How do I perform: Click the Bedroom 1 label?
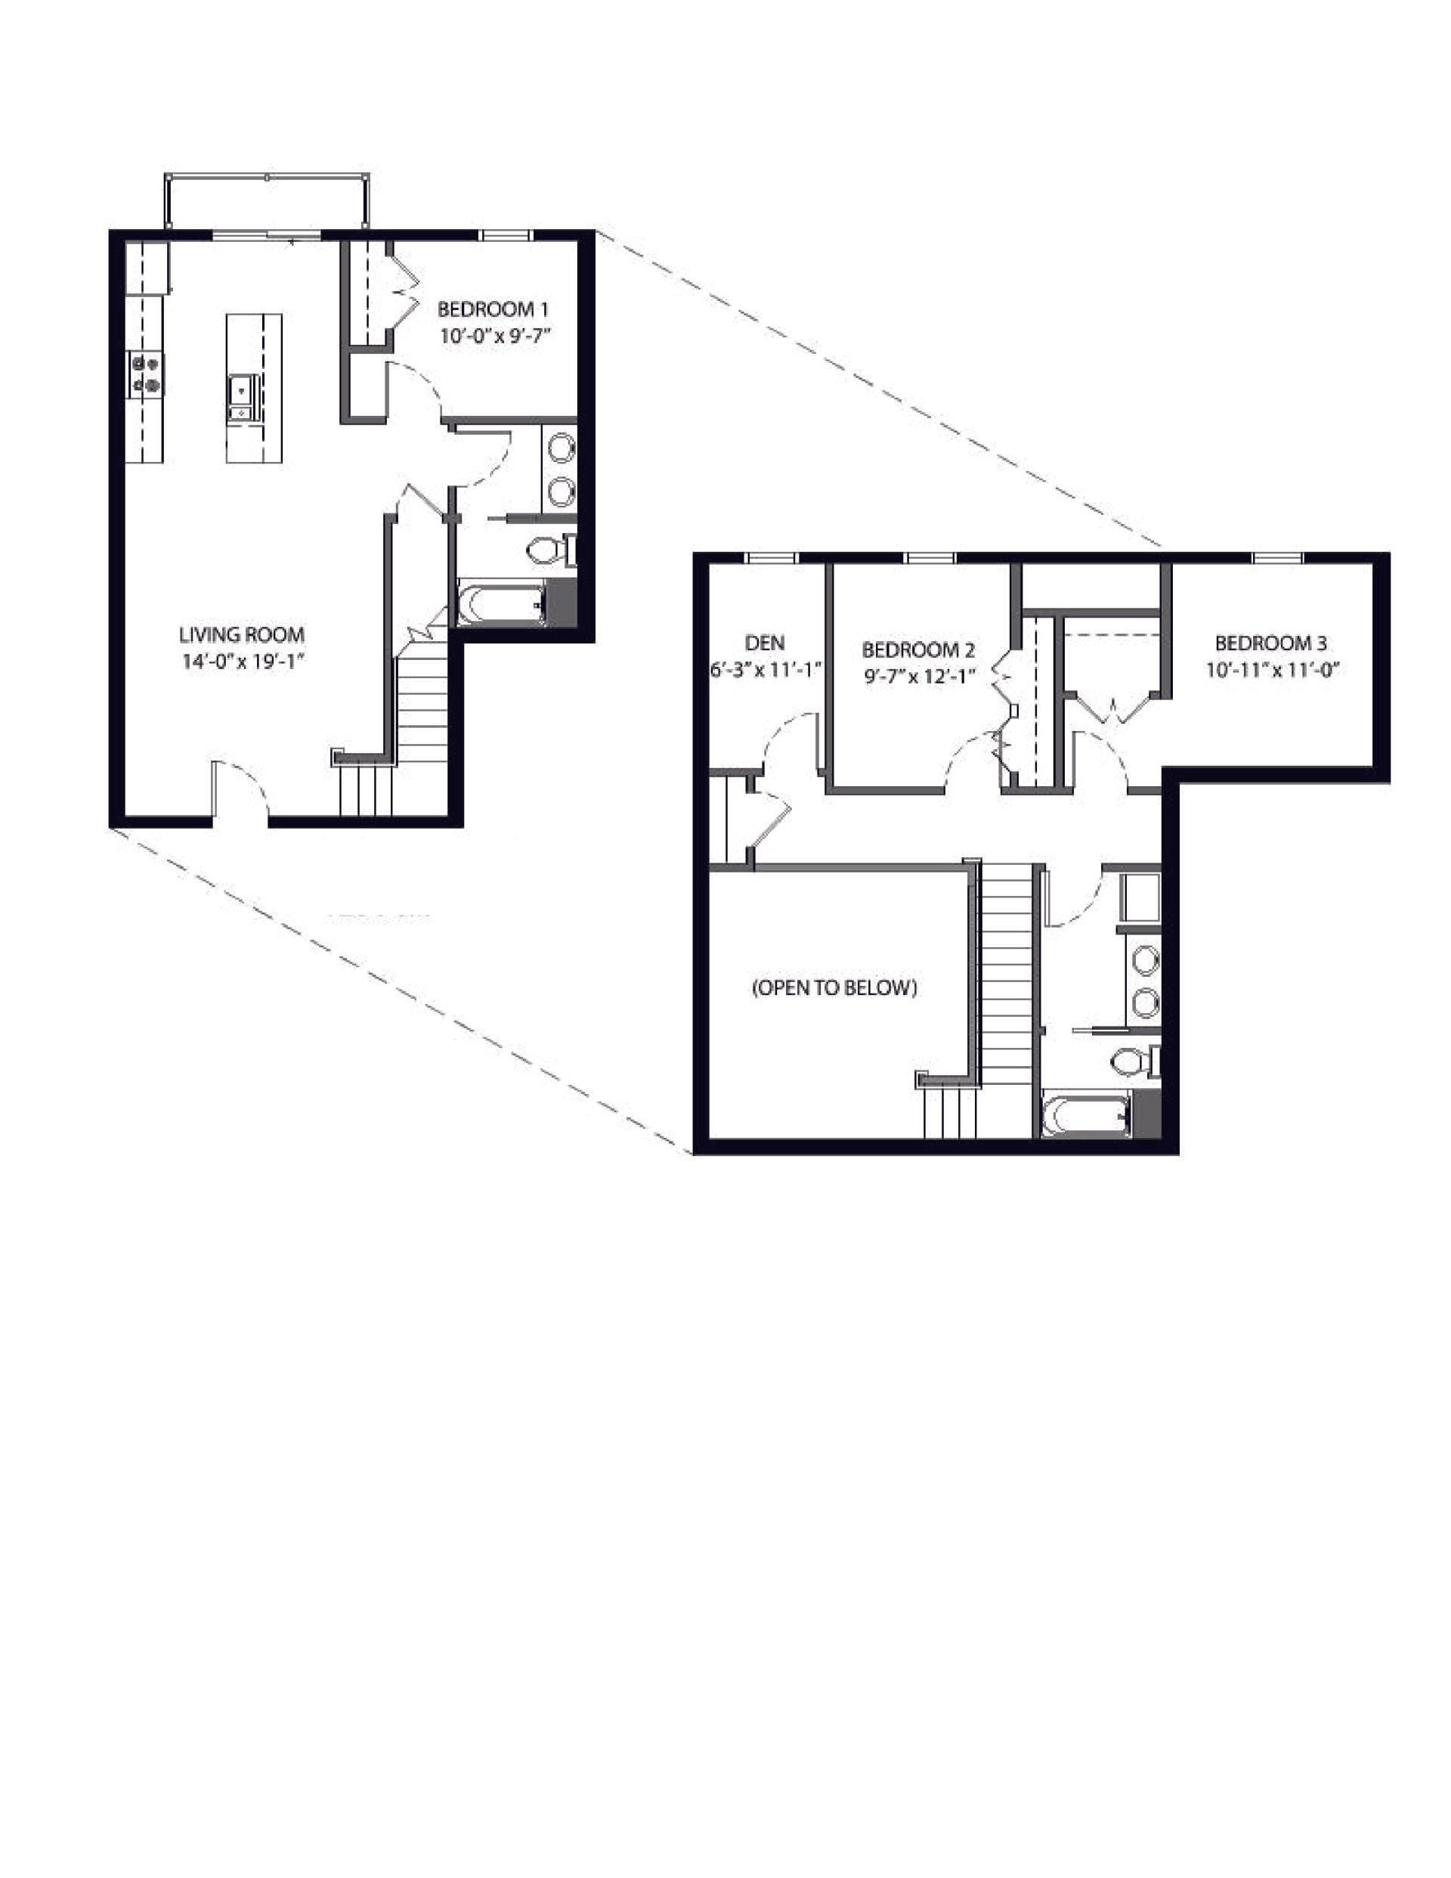click(493, 308)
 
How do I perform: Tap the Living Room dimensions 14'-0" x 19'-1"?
click(243, 662)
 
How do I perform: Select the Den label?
click(764, 643)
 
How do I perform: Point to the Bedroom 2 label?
click(918, 649)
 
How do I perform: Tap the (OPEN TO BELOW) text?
click(834, 988)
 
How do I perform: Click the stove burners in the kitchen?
click(145, 375)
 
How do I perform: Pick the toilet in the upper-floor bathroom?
click(1131, 1062)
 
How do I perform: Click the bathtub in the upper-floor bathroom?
click(1084, 1115)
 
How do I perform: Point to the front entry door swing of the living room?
click(243, 787)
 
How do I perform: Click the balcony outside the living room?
click(268, 203)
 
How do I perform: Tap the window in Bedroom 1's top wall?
click(505, 234)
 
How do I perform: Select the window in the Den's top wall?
click(770, 558)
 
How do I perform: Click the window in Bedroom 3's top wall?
click(1277, 558)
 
